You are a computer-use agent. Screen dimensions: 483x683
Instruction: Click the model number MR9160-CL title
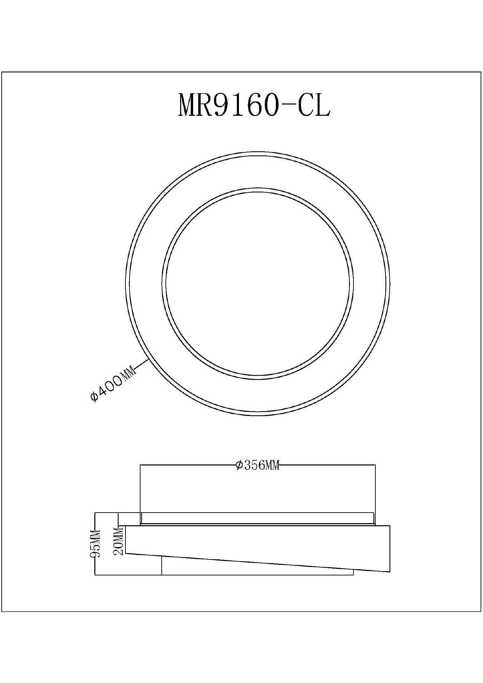(254, 105)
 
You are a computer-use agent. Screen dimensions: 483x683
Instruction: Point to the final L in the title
(322, 105)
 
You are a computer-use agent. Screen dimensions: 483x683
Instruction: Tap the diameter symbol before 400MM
(94, 397)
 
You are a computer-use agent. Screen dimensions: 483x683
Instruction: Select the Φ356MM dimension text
(258, 465)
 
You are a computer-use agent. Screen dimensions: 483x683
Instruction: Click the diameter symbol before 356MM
(239, 465)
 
